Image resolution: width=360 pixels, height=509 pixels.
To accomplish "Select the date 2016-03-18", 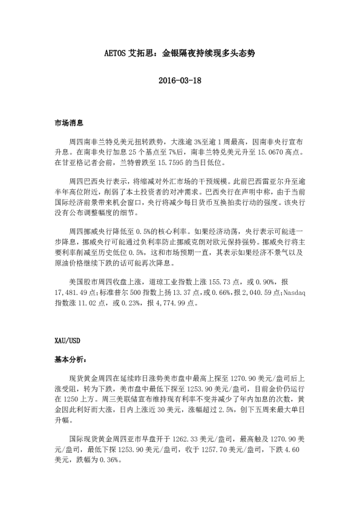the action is (x=179, y=80).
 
